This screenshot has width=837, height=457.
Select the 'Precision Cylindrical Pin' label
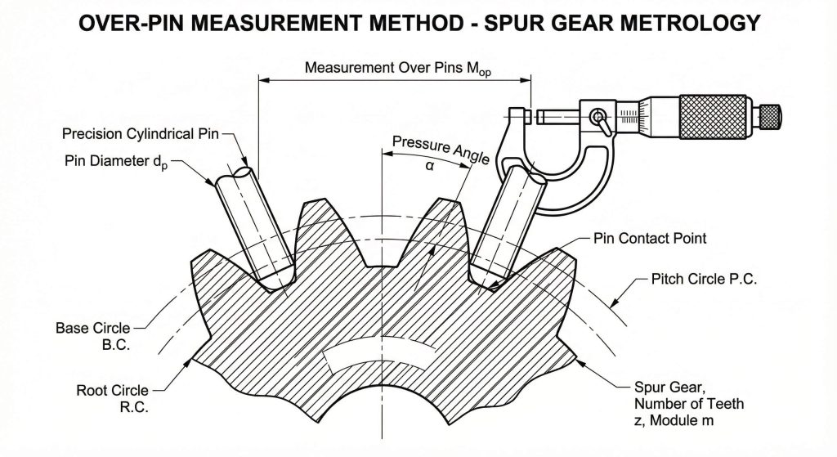pyautogui.click(x=140, y=133)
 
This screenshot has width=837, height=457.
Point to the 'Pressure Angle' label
pyautogui.click(x=441, y=149)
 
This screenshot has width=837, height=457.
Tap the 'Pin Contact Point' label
pyautogui.click(x=650, y=239)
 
